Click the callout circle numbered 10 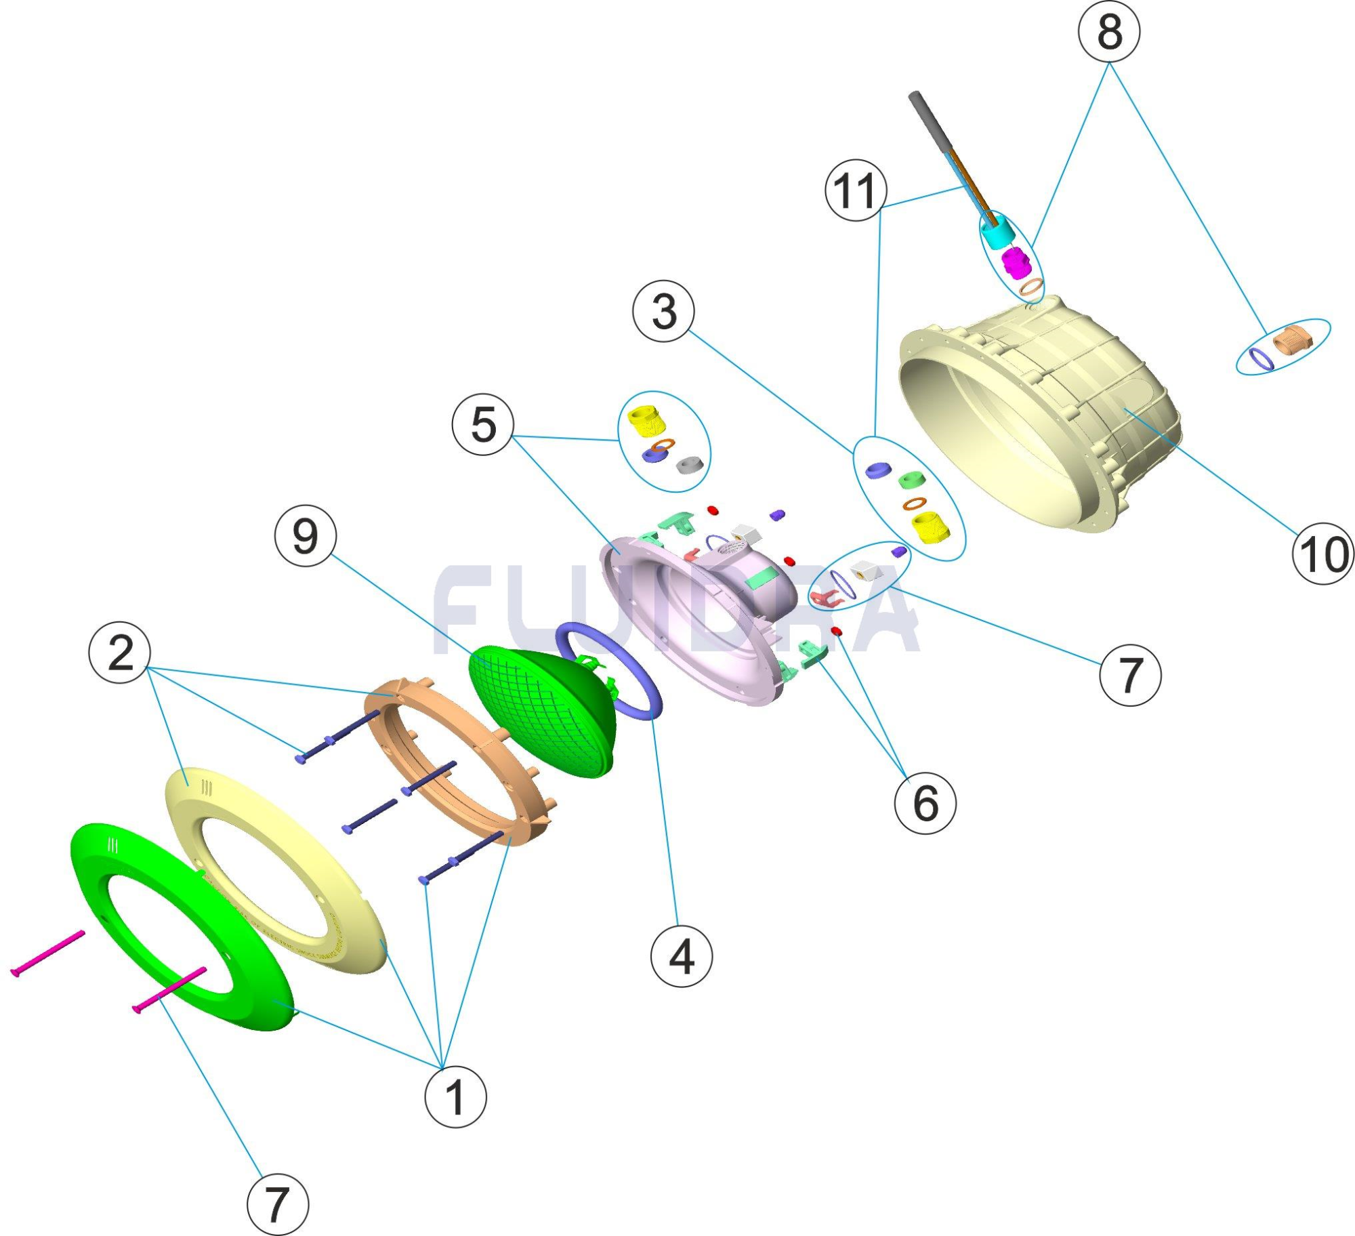pyautogui.click(x=1323, y=554)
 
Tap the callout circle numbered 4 pyautogui.click(x=682, y=955)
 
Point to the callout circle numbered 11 pyautogui.click(x=856, y=190)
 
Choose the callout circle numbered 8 pyautogui.click(x=1109, y=31)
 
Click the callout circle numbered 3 pyautogui.click(x=663, y=311)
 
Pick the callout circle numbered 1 pyautogui.click(x=455, y=1096)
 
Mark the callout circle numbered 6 pyautogui.click(x=925, y=802)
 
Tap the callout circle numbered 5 pyautogui.click(x=483, y=425)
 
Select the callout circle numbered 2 pyautogui.click(x=120, y=653)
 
